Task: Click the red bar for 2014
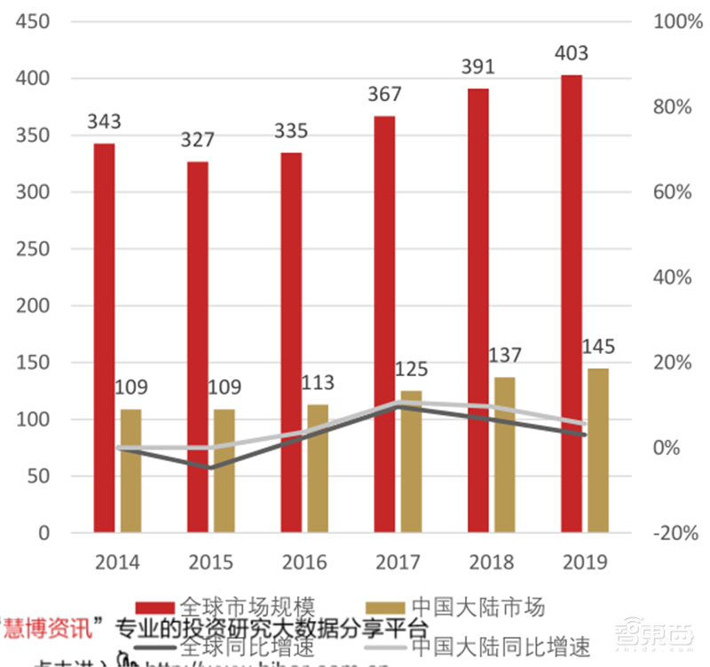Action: click(x=105, y=337)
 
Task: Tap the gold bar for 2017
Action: click(x=411, y=461)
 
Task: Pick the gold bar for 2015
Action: click(x=224, y=470)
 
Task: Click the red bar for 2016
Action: click(x=291, y=342)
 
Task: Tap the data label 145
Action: click(x=598, y=347)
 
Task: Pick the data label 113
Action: click(x=317, y=382)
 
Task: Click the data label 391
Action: click(x=477, y=67)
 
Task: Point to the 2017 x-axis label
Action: click(x=398, y=562)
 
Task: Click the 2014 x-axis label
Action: click(x=118, y=562)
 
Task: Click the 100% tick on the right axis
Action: click(x=672, y=22)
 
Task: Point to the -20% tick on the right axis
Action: click(x=674, y=533)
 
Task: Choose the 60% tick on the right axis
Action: click(x=672, y=192)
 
